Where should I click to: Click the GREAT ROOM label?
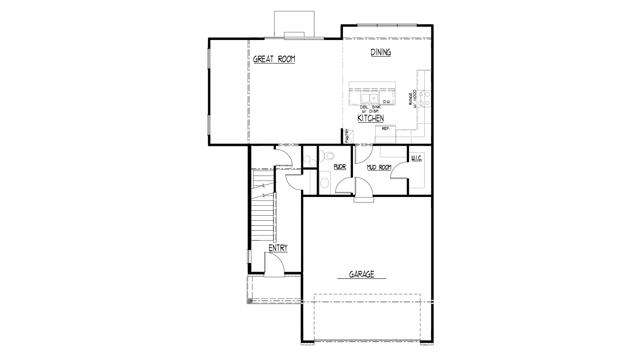[274, 59]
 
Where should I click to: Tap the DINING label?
[381, 52]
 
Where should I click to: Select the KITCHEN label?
[370, 118]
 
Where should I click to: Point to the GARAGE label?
[362, 274]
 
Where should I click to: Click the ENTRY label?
[278, 248]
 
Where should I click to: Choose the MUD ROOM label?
[379, 167]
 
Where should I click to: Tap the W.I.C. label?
[417, 158]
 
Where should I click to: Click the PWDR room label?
[340, 167]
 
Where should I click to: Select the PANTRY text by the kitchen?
[347, 136]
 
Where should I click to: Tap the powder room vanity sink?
[324, 183]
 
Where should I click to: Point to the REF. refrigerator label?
[386, 129]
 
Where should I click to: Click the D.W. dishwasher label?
[386, 102]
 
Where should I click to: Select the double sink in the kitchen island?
[370, 98]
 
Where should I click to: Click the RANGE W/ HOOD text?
[412, 99]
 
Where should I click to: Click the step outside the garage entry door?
[364, 199]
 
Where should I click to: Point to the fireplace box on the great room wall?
[294, 36]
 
